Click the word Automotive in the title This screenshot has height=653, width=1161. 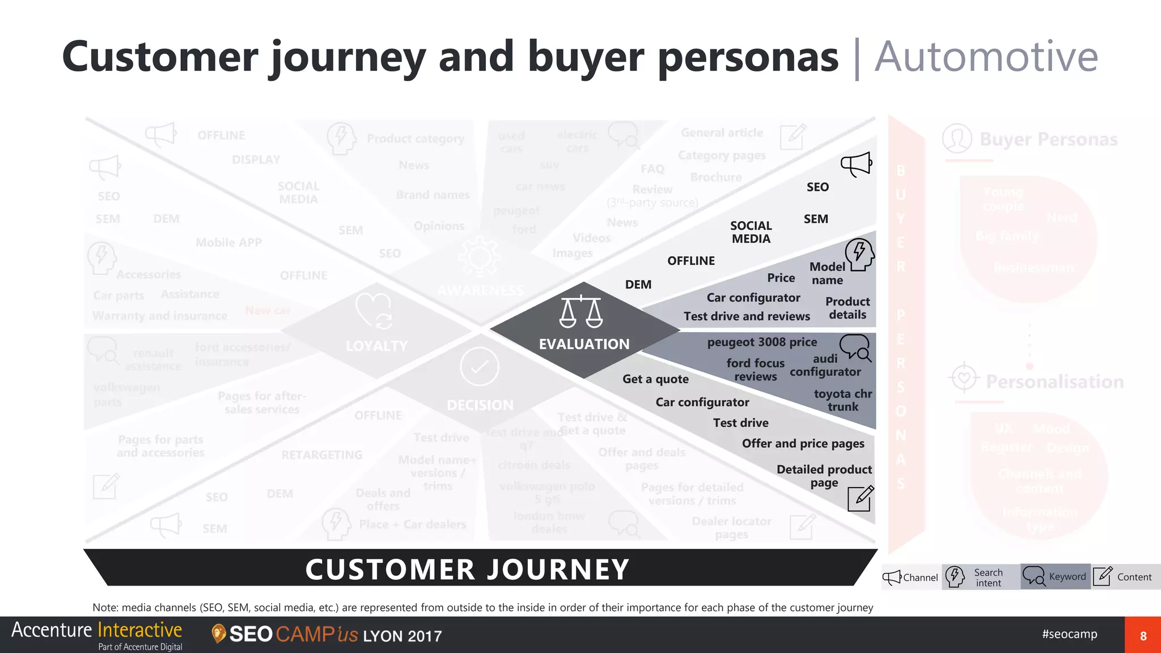point(986,57)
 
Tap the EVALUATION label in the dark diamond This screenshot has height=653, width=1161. point(584,344)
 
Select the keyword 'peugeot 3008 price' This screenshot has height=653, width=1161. point(762,342)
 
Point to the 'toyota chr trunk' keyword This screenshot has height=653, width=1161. point(842,400)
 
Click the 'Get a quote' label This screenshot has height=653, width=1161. point(655,379)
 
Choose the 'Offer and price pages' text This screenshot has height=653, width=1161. point(803,443)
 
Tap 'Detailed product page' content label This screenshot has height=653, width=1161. point(824,476)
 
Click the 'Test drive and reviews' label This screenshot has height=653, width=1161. point(747,316)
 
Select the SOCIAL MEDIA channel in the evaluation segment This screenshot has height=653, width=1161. point(751,232)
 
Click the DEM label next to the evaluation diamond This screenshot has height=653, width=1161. point(638,285)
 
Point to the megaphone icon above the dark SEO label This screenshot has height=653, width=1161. point(856,164)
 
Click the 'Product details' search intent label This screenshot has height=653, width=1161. point(848,308)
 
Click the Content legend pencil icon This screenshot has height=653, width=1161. point(1103,576)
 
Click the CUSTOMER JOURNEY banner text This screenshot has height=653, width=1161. point(467,569)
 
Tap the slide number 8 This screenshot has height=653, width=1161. point(1143,635)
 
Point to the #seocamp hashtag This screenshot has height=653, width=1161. point(1069,634)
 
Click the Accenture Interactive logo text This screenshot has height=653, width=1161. point(96,630)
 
